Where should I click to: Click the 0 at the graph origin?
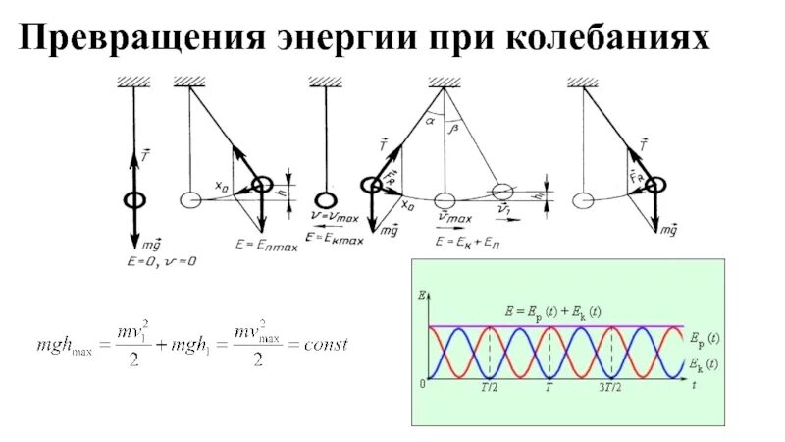(x=422, y=385)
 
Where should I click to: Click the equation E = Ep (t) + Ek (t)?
(x=553, y=311)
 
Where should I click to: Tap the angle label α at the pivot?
(x=430, y=121)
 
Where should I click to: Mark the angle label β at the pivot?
(x=452, y=128)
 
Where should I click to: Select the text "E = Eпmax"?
(x=266, y=242)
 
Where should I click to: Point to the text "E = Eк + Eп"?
(x=469, y=240)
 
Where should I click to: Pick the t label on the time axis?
(x=693, y=388)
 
